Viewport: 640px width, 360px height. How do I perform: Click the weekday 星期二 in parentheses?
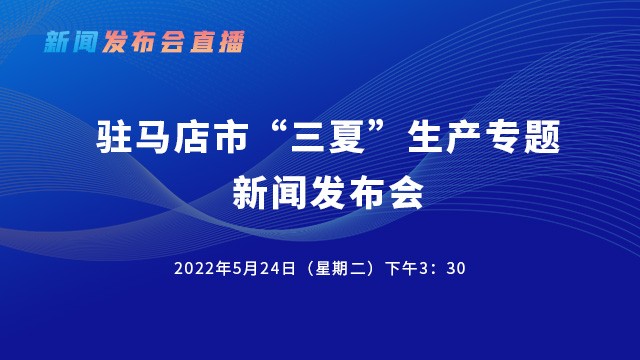click(338, 269)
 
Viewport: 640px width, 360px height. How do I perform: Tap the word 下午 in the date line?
click(406, 269)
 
